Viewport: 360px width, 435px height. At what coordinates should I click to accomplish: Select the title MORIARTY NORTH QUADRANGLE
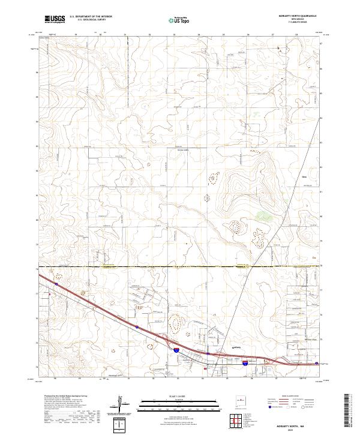click(x=293, y=15)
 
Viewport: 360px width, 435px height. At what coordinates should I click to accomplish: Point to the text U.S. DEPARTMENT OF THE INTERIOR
click(x=91, y=17)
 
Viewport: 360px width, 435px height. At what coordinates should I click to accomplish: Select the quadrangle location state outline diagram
click(x=241, y=401)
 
